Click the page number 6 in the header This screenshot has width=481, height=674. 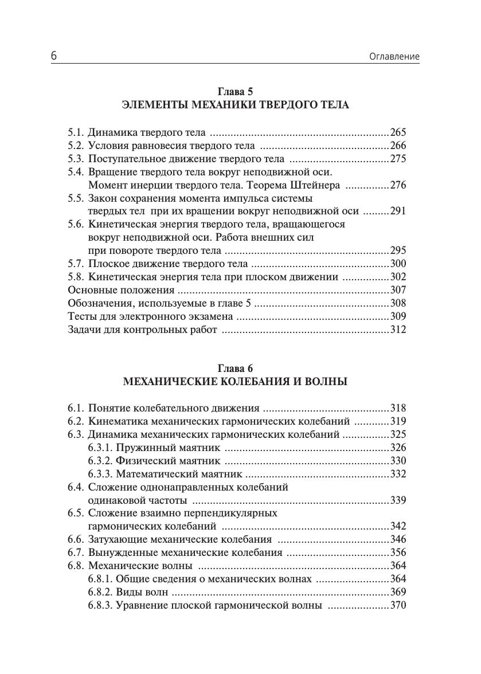click(53, 56)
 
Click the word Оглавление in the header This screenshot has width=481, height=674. click(396, 57)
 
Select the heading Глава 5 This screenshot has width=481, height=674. click(235, 92)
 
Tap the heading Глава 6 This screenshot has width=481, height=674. click(235, 369)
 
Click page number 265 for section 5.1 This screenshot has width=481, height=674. click(398, 132)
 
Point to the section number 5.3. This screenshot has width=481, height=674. click(76, 159)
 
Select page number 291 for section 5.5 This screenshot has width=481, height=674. click(398, 211)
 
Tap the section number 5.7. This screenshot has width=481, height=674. click(76, 264)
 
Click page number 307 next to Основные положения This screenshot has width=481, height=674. click(398, 290)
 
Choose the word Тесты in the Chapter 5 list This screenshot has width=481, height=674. click(81, 316)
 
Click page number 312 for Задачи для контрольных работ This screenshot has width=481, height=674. click(398, 330)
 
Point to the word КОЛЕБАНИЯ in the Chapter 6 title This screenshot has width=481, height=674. click(256, 382)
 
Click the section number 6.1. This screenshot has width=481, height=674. click(76, 409)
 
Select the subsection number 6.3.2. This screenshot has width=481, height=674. click(100, 461)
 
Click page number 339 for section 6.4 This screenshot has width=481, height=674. click(398, 500)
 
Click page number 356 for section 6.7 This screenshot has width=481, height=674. click(398, 553)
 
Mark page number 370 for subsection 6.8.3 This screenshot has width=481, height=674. click(398, 605)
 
